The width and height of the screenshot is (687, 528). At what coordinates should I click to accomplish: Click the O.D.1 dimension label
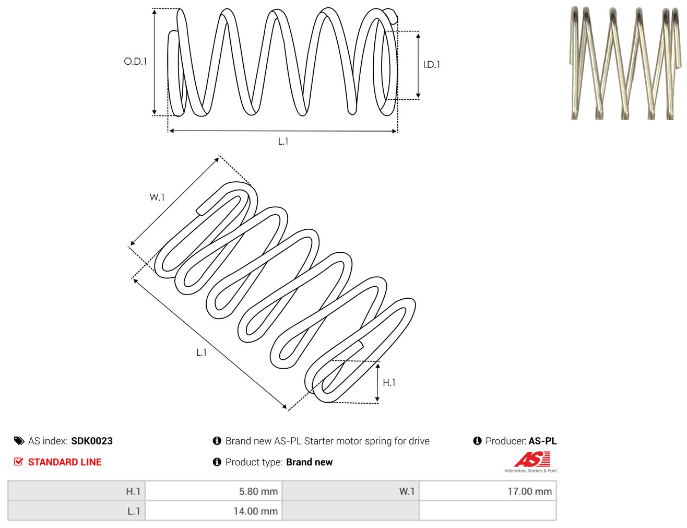point(135,61)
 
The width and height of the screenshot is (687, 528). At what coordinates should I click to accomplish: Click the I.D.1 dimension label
point(431,64)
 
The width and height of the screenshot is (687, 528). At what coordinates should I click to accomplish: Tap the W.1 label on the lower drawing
point(157,197)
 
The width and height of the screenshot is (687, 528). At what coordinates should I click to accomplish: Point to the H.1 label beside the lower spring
point(389,383)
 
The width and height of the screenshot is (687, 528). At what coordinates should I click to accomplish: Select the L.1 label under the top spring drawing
point(283,142)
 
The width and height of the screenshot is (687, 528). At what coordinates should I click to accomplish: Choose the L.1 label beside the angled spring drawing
point(202,352)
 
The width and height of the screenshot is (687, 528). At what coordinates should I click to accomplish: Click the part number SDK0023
point(92,441)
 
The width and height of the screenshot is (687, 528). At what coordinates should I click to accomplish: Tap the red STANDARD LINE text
point(65,462)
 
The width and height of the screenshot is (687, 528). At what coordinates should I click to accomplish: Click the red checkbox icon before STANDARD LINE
point(19,462)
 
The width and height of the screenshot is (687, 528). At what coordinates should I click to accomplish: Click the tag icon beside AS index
point(19,441)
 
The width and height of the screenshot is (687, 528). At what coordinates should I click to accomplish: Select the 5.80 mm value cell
point(214,491)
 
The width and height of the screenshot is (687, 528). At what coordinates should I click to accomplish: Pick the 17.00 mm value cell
point(488,491)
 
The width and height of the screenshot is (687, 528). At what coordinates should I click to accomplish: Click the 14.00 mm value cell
point(214,511)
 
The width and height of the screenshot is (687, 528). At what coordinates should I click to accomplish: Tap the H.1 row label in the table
point(77,491)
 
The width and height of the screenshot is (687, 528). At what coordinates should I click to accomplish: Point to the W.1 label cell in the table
point(351,491)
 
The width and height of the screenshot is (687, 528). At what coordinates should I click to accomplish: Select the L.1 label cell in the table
point(77,511)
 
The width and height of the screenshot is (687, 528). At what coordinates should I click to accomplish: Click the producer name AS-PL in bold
point(542,441)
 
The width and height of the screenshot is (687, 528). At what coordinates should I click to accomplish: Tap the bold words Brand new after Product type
point(309,462)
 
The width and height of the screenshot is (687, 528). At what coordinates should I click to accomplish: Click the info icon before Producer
point(477,441)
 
